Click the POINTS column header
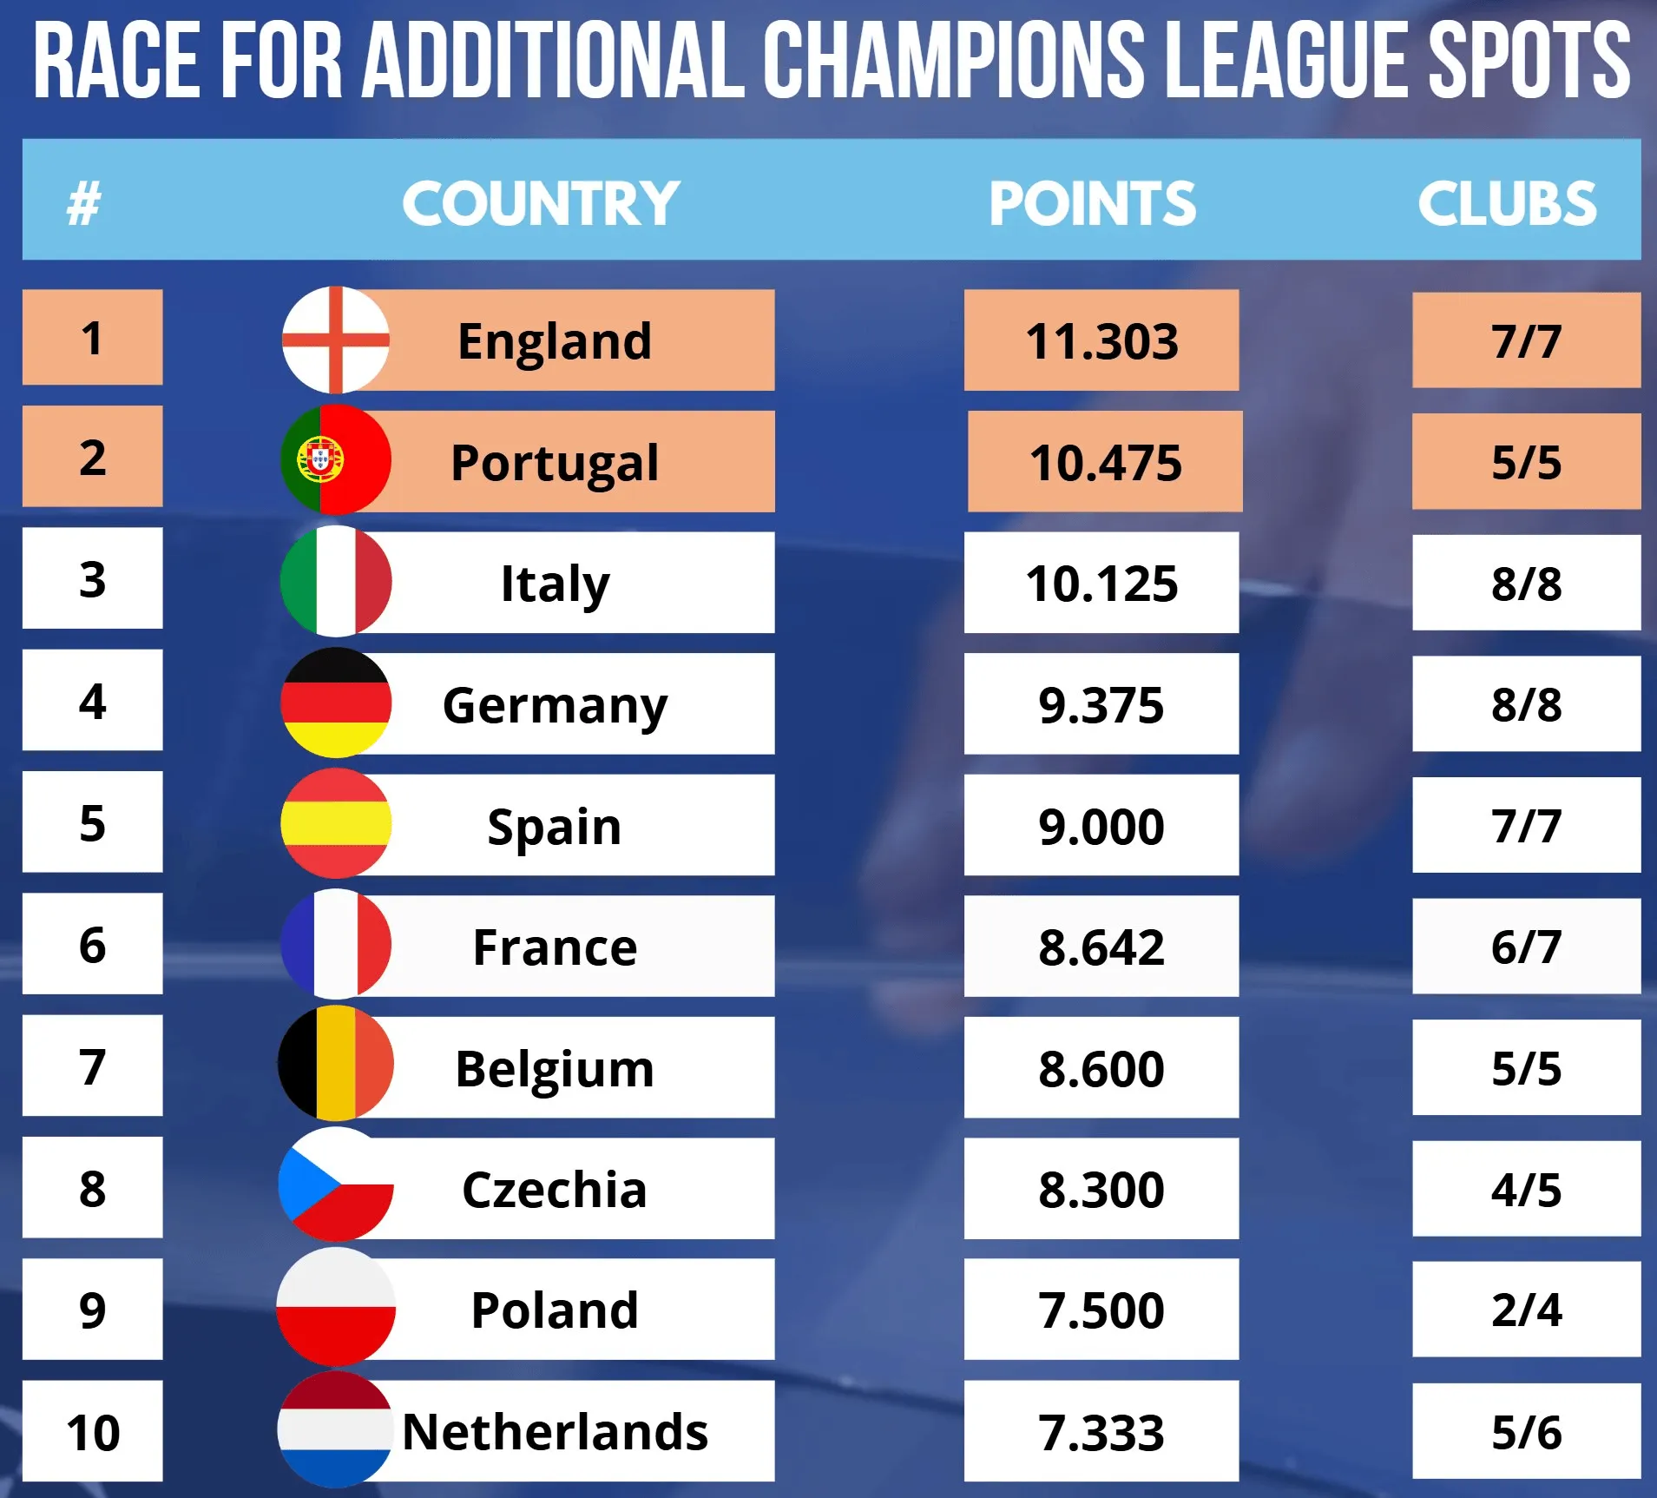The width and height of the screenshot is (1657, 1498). pos(1092,204)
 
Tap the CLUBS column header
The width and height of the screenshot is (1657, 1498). pos(1507,204)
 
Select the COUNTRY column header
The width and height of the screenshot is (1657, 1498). pos(540,204)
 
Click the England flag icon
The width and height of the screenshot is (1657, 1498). pos(335,340)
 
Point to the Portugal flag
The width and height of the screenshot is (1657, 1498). pos(335,459)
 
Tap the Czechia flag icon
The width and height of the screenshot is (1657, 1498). pos(335,1185)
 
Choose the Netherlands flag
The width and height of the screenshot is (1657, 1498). pos(335,1429)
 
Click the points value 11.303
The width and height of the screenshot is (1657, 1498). pos(1101,340)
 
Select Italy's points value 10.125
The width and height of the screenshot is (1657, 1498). pos(1101,583)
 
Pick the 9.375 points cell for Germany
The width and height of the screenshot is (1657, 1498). pos(1101,704)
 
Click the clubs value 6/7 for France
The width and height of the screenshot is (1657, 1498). pos(1526,947)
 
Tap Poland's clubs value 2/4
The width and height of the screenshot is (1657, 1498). pos(1526,1310)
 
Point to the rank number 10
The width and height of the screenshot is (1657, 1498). pos(93,1432)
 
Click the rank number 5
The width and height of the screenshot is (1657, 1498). pos(93,823)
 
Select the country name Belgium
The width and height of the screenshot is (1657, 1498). pos(555,1068)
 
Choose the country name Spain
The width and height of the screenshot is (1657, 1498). pos(555,826)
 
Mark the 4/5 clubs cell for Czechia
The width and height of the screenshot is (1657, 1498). pos(1526,1189)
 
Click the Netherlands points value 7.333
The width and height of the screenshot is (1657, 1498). pos(1101,1432)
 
